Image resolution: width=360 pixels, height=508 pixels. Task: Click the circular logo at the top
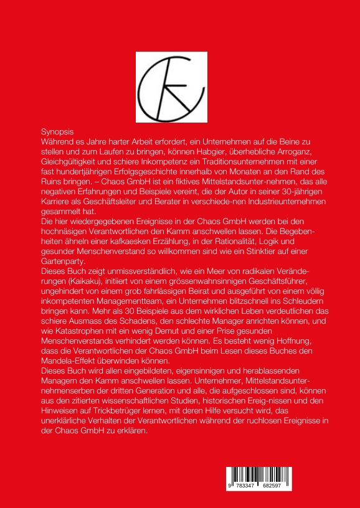coord(171,87)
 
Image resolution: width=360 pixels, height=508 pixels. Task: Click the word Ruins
coord(52,182)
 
